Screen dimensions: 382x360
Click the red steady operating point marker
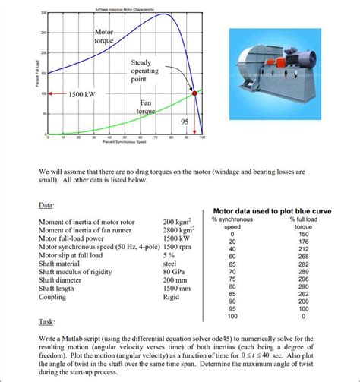(x=194, y=93)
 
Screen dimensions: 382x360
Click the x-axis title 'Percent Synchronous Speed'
(x=124, y=143)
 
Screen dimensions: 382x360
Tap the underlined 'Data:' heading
(x=46, y=205)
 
